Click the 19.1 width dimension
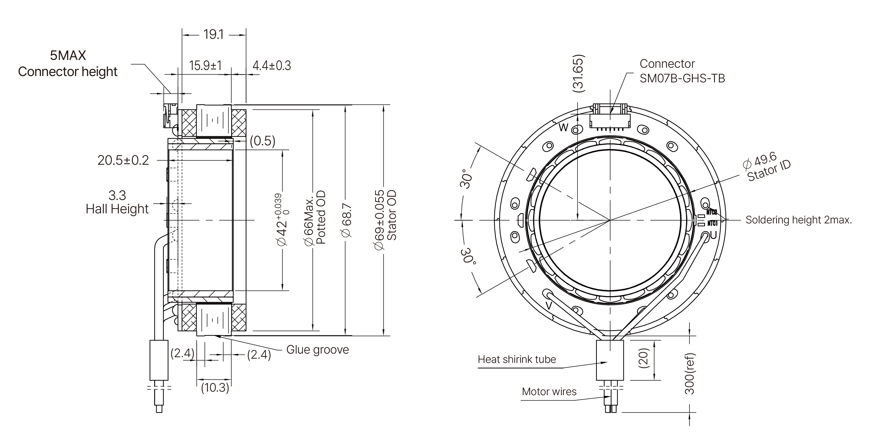(213, 35)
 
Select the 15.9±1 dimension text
(205, 65)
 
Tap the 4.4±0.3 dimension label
(271, 65)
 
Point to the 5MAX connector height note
(68, 63)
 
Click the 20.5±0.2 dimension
(123, 160)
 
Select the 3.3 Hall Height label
(117, 202)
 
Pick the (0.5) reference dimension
(262, 141)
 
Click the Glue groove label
(317, 350)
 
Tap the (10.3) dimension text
(215, 387)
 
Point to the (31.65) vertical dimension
(578, 73)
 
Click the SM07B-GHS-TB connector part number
(682, 78)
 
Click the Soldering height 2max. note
(798, 220)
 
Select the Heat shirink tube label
(517, 359)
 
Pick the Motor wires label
(549, 391)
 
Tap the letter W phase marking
(563, 128)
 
